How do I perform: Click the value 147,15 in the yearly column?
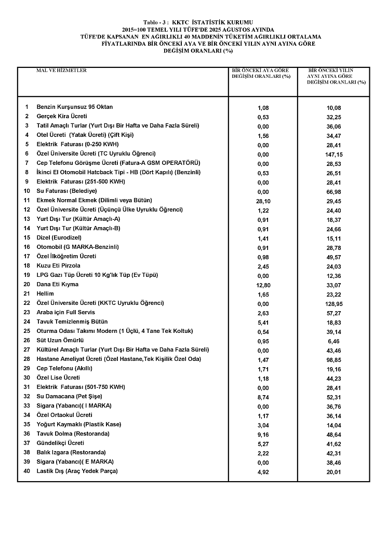(x=335, y=155)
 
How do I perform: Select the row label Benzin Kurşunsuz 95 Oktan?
(x=74, y=107)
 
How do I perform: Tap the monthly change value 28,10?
(x=263, y=201)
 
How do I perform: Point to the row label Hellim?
(x=45, y=294)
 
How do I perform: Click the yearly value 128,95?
(x=335, y=304)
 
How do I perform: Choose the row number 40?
(x=27, y=471)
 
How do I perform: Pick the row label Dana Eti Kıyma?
(x=57, y=285)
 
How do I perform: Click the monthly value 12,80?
(x=263, y=285)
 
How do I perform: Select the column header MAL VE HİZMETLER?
(x=61, y=71)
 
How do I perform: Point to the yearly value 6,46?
(x=335, y=341)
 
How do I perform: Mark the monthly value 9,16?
(x=263, y=435)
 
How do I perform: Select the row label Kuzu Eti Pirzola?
(x=58, y=266)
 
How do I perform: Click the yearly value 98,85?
(x=335, y=360)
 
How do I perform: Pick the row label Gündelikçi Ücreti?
(x=60, y=443)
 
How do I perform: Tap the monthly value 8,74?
(x=263, y=397)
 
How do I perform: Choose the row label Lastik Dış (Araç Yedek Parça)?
(x=77, y=471)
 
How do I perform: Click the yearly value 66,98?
(x=335, y=192)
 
